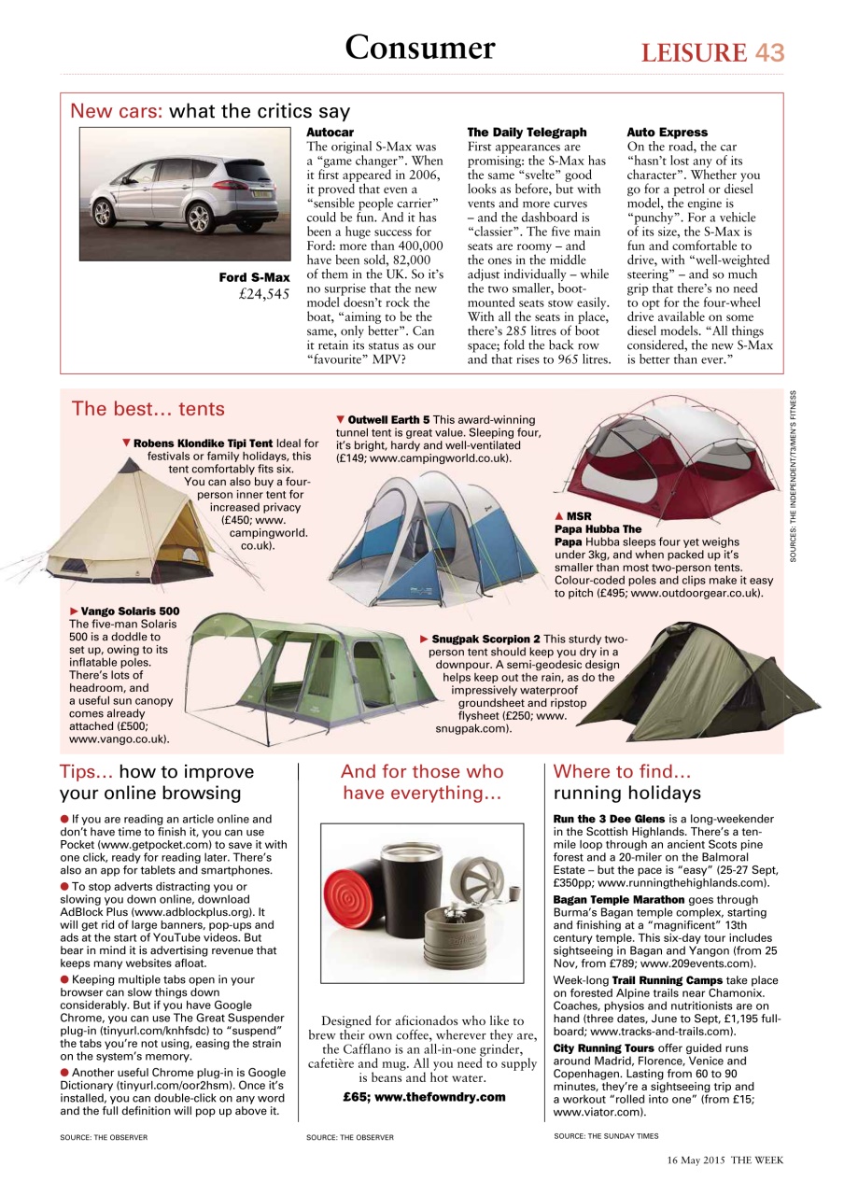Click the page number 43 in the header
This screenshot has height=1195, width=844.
pos(769,52)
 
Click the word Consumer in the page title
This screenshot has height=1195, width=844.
pos(420,47)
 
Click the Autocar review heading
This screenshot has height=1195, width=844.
pos(331,133)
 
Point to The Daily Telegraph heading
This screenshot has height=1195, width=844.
pos(527,133)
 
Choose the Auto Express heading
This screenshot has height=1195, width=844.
pos(667,133)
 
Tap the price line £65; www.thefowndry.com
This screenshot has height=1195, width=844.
pos(424,1097)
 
